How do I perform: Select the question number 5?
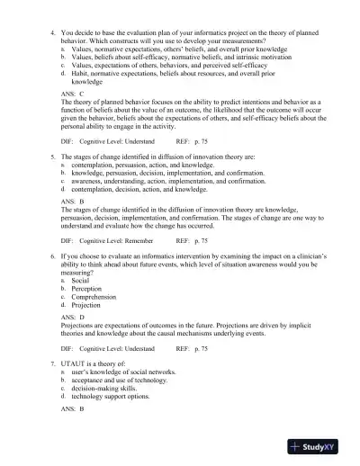coord(51,157)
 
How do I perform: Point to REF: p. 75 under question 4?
coord(193,141)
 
